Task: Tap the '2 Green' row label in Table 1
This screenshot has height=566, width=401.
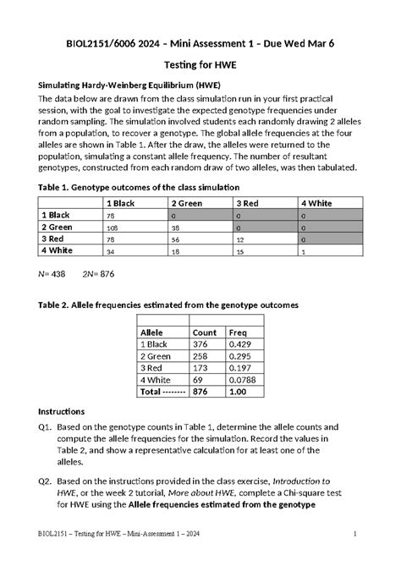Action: (58, 228)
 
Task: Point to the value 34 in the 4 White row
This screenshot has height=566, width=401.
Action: (111, 252)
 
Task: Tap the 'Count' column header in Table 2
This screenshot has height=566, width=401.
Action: (205, 332)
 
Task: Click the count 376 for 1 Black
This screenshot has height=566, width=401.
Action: (201, 344)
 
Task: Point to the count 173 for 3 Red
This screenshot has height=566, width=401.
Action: (201, 368)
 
